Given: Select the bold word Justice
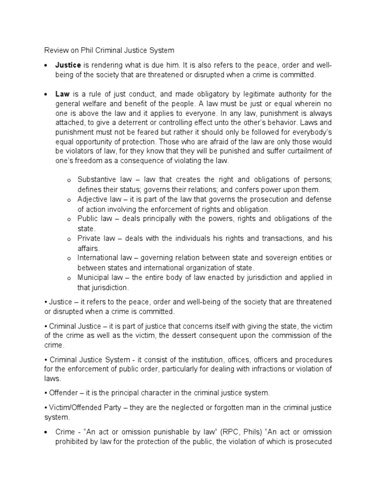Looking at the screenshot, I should point(68,65).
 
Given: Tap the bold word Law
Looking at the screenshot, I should point(62,94).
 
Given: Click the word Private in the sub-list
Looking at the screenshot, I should point(89,238).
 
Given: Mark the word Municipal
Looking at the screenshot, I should point(93,278).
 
